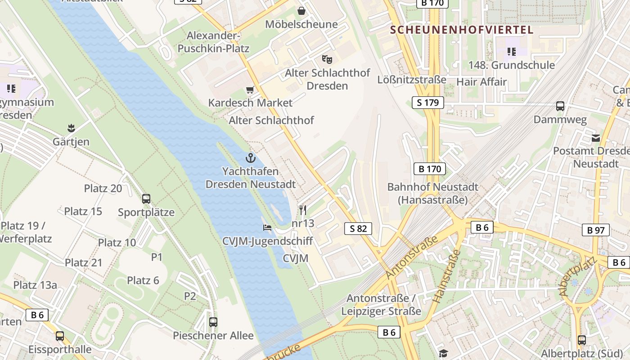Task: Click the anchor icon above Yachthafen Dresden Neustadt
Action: [x=250, y=157]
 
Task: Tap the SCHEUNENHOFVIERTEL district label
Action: [x=461, y=30]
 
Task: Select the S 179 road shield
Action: [x=427, y=103]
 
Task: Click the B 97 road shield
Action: [x=596, y=230]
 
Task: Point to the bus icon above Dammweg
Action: [x=560, y=106]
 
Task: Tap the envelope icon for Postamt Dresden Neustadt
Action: [x=596, y=138]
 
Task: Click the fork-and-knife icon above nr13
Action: [x=303, y=210]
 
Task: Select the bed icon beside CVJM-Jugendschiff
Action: [x=267, y=228]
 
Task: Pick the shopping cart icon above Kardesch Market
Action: [x=250, y=90]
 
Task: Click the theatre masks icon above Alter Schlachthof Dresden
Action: [x=327, y=59]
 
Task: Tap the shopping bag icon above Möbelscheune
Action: [x=301, y=10]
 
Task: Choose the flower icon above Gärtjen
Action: [x=71, y=128]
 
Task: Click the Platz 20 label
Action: [x=103, y=189]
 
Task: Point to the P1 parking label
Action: [x=157, y=257]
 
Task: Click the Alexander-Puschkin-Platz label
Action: [x=213, y=42]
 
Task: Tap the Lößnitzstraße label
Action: [x=412, y=80]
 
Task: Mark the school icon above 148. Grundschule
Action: [x=511, y=52]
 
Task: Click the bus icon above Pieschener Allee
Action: [x=213, y=322]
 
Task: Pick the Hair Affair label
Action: [x=481, y=82]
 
